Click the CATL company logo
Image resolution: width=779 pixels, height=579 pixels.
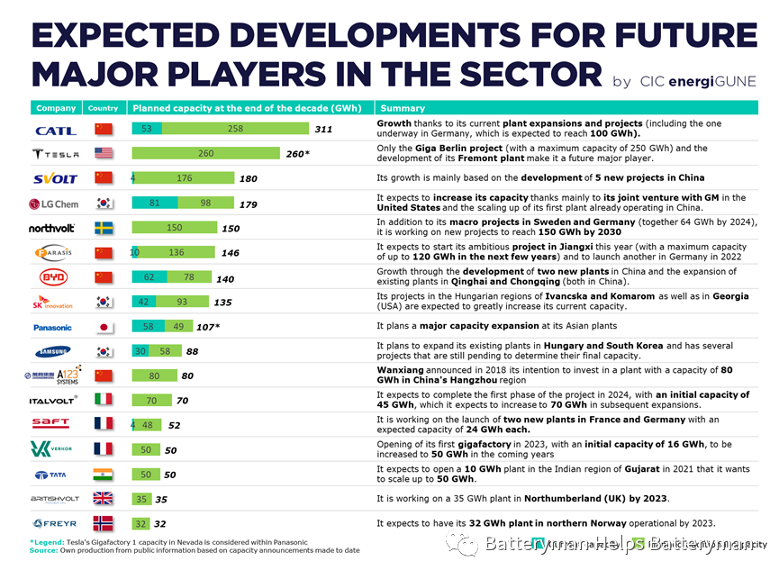56,130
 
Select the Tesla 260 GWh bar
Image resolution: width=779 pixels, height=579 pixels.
206,154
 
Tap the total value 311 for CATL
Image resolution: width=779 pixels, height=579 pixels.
323,130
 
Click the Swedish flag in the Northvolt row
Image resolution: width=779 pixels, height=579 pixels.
104,229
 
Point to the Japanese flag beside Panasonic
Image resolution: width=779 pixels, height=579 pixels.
104,328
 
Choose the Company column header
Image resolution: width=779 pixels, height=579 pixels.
56,108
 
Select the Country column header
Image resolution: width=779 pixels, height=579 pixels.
104,108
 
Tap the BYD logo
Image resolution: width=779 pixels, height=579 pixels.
54,277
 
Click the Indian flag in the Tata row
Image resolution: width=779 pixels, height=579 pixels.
104,475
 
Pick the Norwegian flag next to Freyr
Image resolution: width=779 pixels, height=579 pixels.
104,523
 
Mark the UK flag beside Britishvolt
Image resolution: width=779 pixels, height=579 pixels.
104,499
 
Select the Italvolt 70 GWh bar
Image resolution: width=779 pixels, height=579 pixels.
151,401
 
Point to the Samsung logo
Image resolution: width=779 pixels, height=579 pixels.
53,352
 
